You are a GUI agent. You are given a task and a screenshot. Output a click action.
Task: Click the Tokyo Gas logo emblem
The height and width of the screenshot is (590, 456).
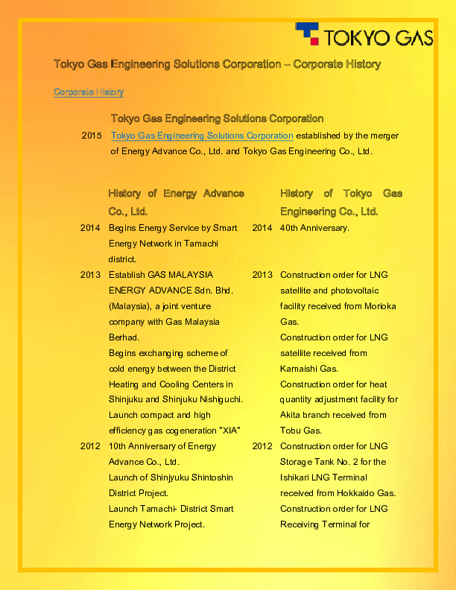coord(308,34)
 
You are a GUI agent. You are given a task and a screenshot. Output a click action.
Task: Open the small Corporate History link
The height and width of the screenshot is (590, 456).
coord(89,92)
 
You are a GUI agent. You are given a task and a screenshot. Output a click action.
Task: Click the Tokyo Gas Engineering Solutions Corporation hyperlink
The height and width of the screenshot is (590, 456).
coord(202,136)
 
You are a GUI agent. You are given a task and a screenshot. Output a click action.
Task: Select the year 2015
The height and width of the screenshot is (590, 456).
coord(91,136)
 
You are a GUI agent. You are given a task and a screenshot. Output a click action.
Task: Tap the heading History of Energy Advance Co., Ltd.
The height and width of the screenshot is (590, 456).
coord(176,202)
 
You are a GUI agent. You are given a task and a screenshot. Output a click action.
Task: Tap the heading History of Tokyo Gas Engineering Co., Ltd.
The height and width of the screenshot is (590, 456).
coord(341,202)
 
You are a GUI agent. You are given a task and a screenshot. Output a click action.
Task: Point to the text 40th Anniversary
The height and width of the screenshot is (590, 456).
coord(314,228)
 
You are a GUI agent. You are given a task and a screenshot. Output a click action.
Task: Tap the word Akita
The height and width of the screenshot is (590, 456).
coord(292,415)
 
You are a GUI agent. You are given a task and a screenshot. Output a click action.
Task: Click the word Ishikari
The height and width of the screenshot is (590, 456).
coord(297,478)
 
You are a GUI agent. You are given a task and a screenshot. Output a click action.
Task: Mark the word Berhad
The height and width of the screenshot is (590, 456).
coord(124,337)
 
